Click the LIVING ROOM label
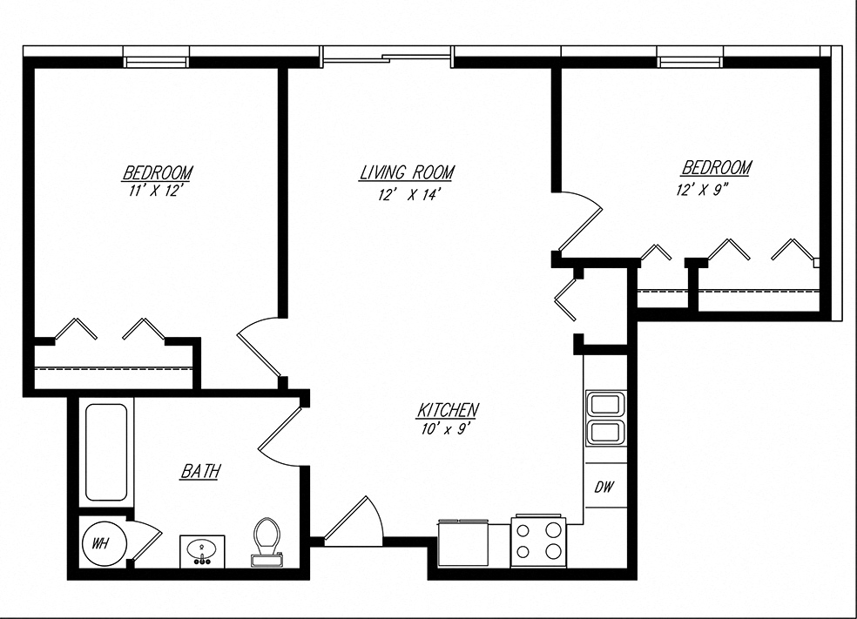(407, 173)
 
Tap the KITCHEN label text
(449, 409)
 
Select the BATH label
(199, 472)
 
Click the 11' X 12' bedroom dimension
(158, 192)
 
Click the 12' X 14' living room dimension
(407, 195)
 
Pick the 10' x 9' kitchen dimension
(448, 428)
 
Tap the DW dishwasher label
(604, 488)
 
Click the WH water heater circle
(103, 543)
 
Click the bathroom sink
(203, 550)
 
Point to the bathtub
(106, 452)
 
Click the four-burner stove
(539, 540)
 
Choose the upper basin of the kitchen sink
(604, 405)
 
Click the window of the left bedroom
(157, 61)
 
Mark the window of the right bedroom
(691, 61)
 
